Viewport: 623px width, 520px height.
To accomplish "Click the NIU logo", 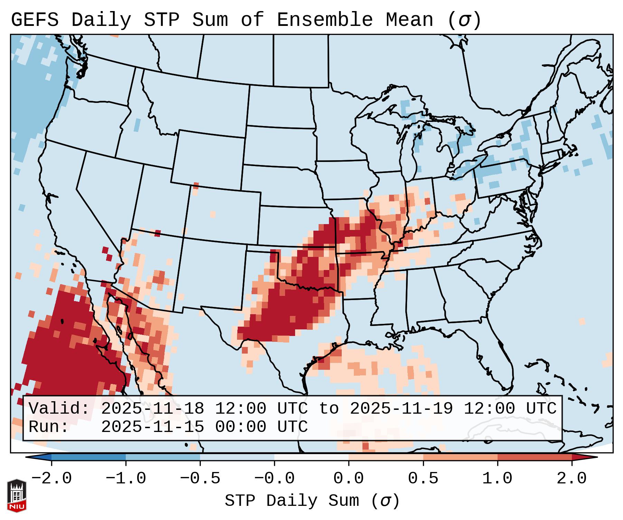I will coord(17,495).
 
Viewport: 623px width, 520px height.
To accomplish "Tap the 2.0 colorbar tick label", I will coord(572,479).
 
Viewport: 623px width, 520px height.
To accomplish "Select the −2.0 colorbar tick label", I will coord(51,479).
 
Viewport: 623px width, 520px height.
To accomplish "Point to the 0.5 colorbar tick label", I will coord(423,479).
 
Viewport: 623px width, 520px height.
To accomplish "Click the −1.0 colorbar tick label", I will coord(126,479).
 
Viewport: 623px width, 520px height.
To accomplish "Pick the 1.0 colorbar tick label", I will coord(497,479).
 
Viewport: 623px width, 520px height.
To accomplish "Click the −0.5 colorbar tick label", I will coord(200,479).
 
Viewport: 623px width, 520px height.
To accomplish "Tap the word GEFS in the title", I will coord(35,20).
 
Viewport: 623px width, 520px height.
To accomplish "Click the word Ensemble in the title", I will coord(324,20).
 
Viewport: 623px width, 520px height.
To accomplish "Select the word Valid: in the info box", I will coord(59,408).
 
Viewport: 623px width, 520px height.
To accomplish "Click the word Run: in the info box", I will coord(49,427).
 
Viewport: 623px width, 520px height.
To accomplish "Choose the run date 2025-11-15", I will coord(152,427).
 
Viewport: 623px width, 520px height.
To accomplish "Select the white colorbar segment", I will coord(311,457).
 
